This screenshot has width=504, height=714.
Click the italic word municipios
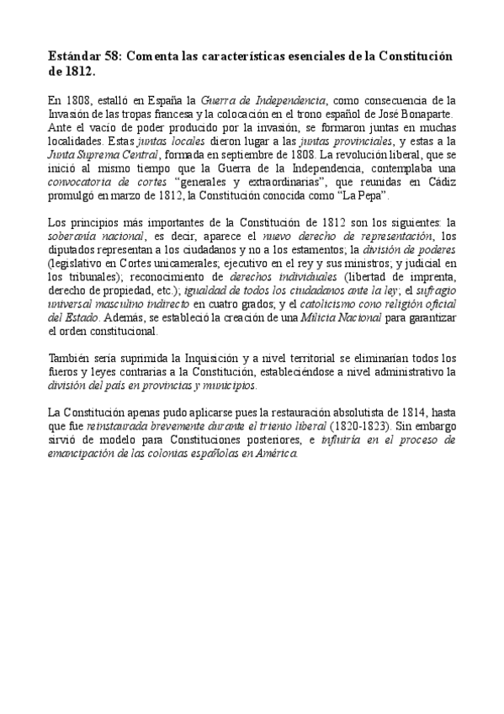click(225, 384)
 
